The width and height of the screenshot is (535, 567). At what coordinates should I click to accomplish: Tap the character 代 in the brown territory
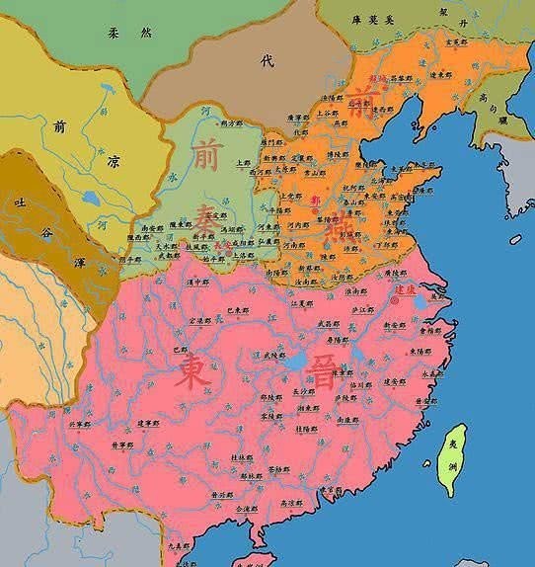tap(265, 60)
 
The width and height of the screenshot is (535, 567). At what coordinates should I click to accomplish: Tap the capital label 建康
tap(407, 290)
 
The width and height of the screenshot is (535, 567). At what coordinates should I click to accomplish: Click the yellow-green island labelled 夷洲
tap(454, 459)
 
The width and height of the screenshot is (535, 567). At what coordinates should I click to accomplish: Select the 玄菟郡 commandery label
tap(455, 42)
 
